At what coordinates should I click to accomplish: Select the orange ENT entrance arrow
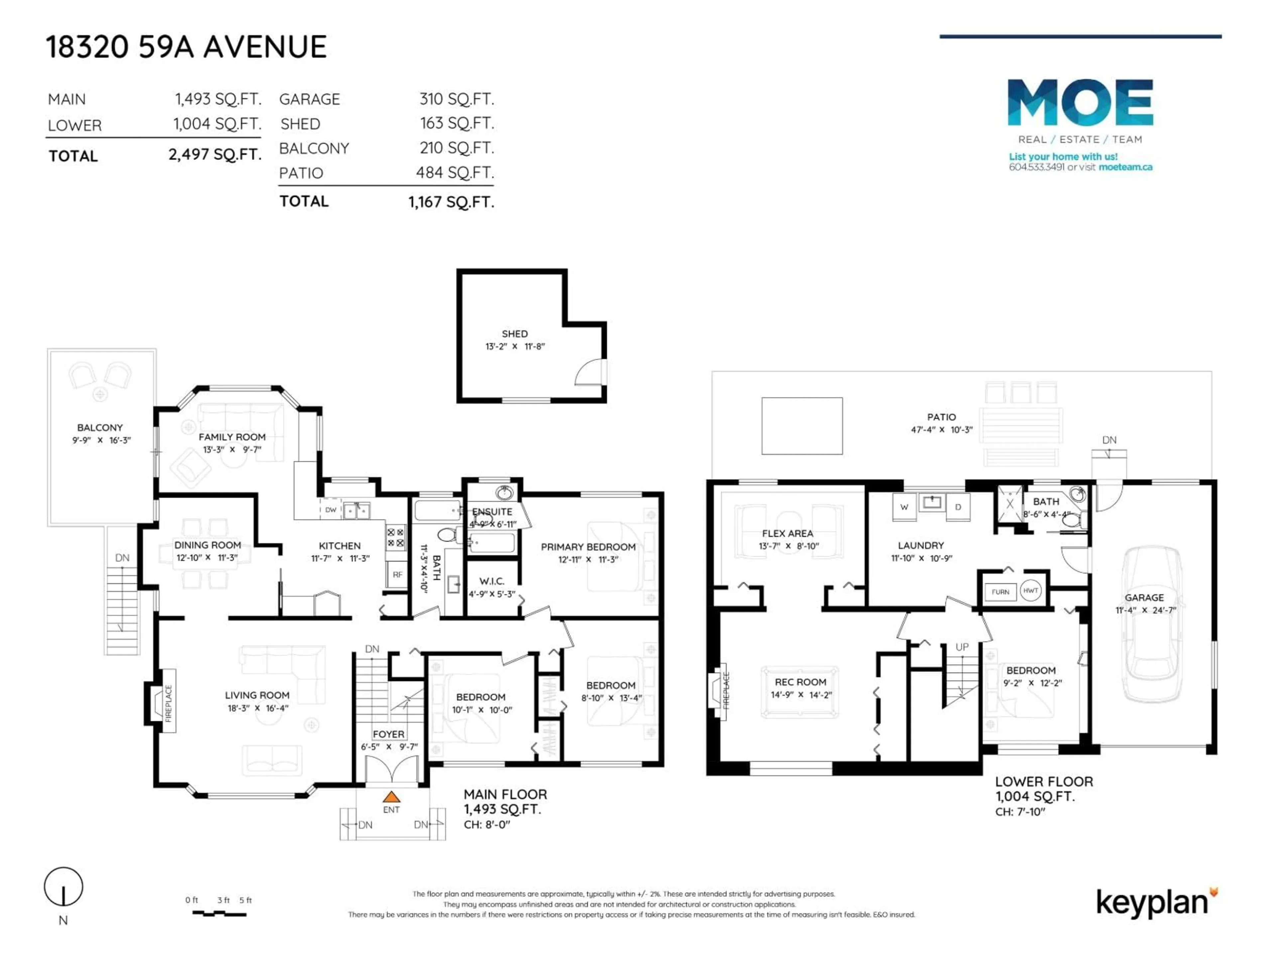(392, 797)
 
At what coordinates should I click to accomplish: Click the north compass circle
(63, 886)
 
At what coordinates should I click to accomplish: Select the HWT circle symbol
(1030, 590)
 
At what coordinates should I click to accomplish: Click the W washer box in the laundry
(904, 507)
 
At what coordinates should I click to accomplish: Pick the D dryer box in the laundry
(958, 507)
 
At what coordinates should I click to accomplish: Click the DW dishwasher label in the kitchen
(331, 510)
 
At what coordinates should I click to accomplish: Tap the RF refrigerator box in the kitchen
(397, 575)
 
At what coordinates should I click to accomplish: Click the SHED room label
(514, 333)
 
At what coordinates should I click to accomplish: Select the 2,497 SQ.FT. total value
(215, 155)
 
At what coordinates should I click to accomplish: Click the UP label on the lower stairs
(962, 647)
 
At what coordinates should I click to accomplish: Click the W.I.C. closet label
(491, 581)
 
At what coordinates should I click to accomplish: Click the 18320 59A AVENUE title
(186, 47)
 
